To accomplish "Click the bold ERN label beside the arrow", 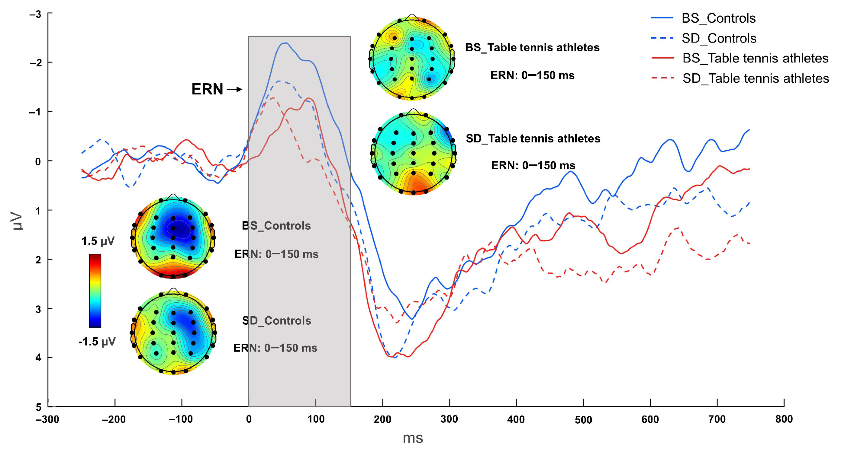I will click(207, 89).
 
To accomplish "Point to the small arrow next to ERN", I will click(234, 89).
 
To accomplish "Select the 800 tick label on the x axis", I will click(784, 419).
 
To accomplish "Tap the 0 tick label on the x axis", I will click(249, 419).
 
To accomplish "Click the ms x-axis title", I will click(413, 438).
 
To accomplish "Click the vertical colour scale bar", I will click(95, 291).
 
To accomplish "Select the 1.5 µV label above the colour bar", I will click(98, 241).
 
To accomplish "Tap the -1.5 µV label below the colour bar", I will click(97, 342).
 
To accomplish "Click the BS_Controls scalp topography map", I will click(173, 237).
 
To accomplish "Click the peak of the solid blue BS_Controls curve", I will click(285, 43).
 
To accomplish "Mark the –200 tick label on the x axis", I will click(114, 419).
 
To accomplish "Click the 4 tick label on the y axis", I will click(38, 358).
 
